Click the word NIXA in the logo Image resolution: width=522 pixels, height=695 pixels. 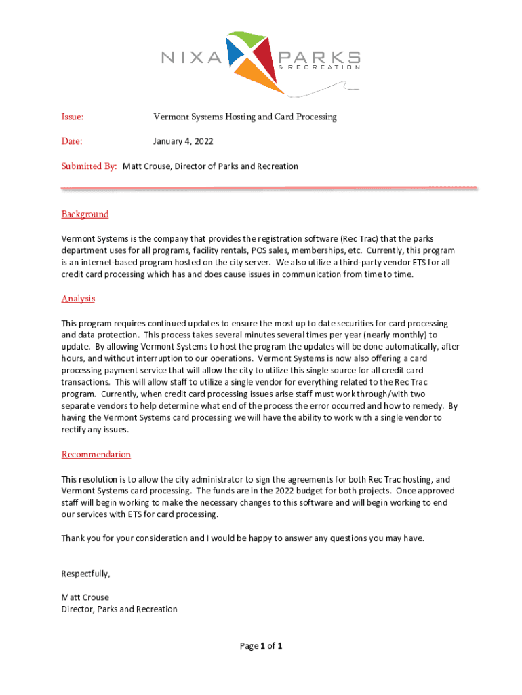point(192,58)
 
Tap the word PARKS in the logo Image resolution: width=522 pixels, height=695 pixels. point(317,57)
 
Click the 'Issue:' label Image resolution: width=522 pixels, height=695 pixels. point(73,117)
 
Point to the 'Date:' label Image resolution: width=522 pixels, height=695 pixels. point(72,142)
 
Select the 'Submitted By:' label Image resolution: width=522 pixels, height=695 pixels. point(89,166)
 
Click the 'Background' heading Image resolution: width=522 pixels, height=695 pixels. point(85,214)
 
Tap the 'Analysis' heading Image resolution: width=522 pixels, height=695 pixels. point(78,299)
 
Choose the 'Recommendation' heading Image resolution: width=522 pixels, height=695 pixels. point(96,455)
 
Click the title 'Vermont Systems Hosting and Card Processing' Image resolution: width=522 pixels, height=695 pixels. point(245,117)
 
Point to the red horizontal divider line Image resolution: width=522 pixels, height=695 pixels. point(269,188)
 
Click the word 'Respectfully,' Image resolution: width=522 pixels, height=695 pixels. point(85,574)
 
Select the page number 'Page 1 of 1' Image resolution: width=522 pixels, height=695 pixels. point(260,646)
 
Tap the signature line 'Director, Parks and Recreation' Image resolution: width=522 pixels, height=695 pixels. point(119,609)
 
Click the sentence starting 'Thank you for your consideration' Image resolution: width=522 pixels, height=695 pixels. point(243,538)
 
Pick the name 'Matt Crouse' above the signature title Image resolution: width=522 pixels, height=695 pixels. point(85,597)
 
